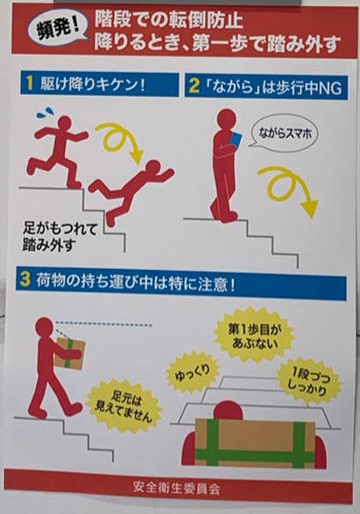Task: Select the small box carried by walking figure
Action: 69,352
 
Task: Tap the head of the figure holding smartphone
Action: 225,117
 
